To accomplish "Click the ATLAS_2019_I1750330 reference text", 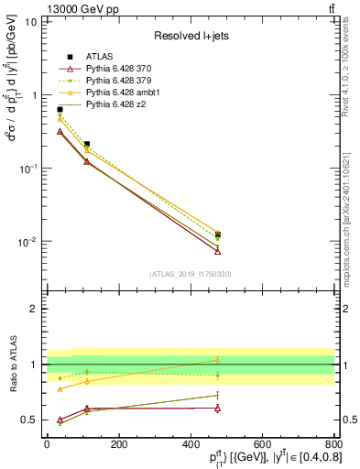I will [191, 273].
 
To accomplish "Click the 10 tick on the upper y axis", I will [29, 21].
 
